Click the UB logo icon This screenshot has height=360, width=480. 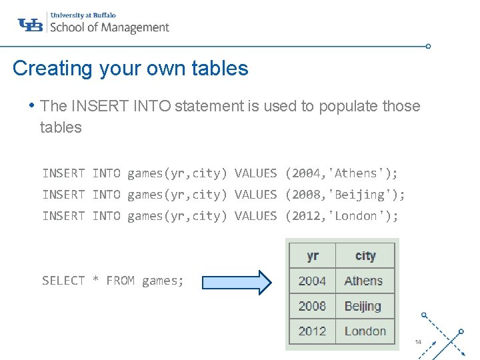point(30,25)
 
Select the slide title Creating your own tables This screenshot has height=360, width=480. point(130,68)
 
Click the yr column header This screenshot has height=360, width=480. point(313,256)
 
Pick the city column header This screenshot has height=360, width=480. point(365,256)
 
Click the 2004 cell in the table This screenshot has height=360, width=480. point(313,281)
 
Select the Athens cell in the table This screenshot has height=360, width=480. point(363,281)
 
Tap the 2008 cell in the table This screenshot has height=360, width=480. point(313,306)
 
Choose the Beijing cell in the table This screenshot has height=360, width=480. point(363,306)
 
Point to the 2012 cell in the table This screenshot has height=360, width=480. point(313,331)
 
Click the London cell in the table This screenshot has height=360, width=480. point(365,331)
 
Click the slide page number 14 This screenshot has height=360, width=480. point(418,342)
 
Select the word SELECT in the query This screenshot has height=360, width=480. point(63,281)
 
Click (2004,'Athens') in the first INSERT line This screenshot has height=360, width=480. point(341,173)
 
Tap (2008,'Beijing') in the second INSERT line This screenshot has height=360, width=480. point(345,195)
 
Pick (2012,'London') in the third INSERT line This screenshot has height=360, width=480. point(341,216)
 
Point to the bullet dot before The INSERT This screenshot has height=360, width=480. point(31,105)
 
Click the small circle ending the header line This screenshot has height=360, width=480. point(428,47)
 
